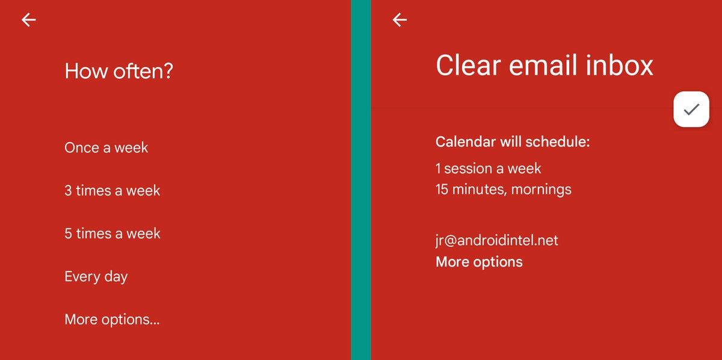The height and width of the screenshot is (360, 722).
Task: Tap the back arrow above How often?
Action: (29, 20)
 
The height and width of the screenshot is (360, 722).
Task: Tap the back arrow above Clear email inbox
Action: (400, 20)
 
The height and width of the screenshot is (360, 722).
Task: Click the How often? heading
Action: (119, 71)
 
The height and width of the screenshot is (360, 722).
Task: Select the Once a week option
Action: (106, 148)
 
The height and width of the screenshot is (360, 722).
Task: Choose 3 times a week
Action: (112, 191)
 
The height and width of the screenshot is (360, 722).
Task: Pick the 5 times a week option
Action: (112, 234)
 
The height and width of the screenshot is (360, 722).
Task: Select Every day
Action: (96, 277)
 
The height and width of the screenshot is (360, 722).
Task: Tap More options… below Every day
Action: (112, 320)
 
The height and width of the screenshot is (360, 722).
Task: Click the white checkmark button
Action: (691, 109)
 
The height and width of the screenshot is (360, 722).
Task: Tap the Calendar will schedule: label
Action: (513, 142)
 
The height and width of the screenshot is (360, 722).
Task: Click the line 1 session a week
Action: (488, 169)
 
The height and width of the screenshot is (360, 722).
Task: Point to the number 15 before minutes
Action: (443, 190)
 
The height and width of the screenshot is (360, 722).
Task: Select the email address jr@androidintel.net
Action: (496, 241)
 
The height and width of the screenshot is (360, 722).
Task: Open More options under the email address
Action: (479, 262)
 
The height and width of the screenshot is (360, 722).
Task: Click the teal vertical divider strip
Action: (361, 180)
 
